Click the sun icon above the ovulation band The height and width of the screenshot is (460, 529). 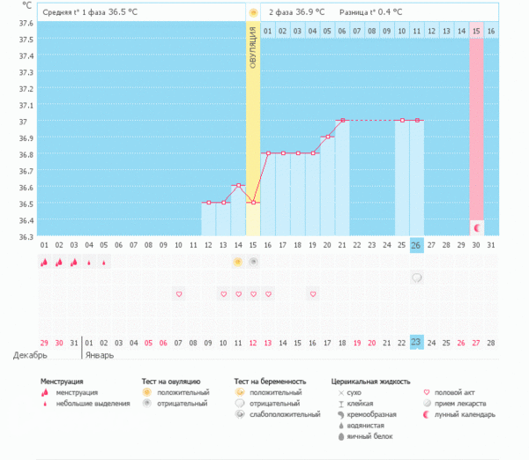[x=253, y=13]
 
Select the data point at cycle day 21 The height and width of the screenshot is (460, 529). [x=343, y=120]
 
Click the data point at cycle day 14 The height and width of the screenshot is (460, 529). [x=238, y=186]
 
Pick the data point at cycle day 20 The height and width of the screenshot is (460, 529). [x=328, y=137]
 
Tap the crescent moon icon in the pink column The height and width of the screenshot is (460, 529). [x=477, y=227]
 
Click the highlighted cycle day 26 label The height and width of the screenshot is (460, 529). [x=417, y=244]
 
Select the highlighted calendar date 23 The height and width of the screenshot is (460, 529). [x=417, y=342]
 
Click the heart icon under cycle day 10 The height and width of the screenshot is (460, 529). [x=178, y=293]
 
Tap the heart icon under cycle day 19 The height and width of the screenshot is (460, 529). [x=313, y=293]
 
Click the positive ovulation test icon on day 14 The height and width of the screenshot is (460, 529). [x=238, y=262]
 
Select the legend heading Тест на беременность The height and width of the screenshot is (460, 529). [x=272, y=382]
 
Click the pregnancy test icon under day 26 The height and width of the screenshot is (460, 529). [x=417, y=278]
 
